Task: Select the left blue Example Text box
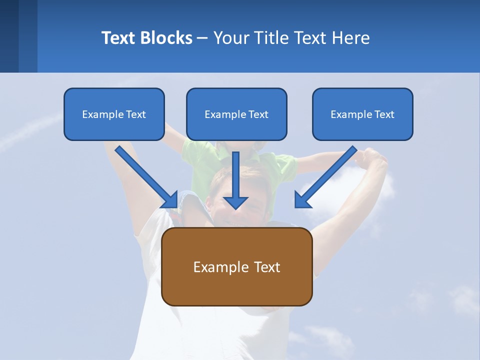[x=114, y=114]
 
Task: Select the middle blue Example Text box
[x=236, y=114]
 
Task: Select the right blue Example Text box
[x=362, y=114]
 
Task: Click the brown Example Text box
[x=236, y=266]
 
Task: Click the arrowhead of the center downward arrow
[x=235, y=202]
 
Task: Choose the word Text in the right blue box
[x=384, y=114]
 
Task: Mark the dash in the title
[x=202, y=38]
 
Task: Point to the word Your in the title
[x=230, y=38]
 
